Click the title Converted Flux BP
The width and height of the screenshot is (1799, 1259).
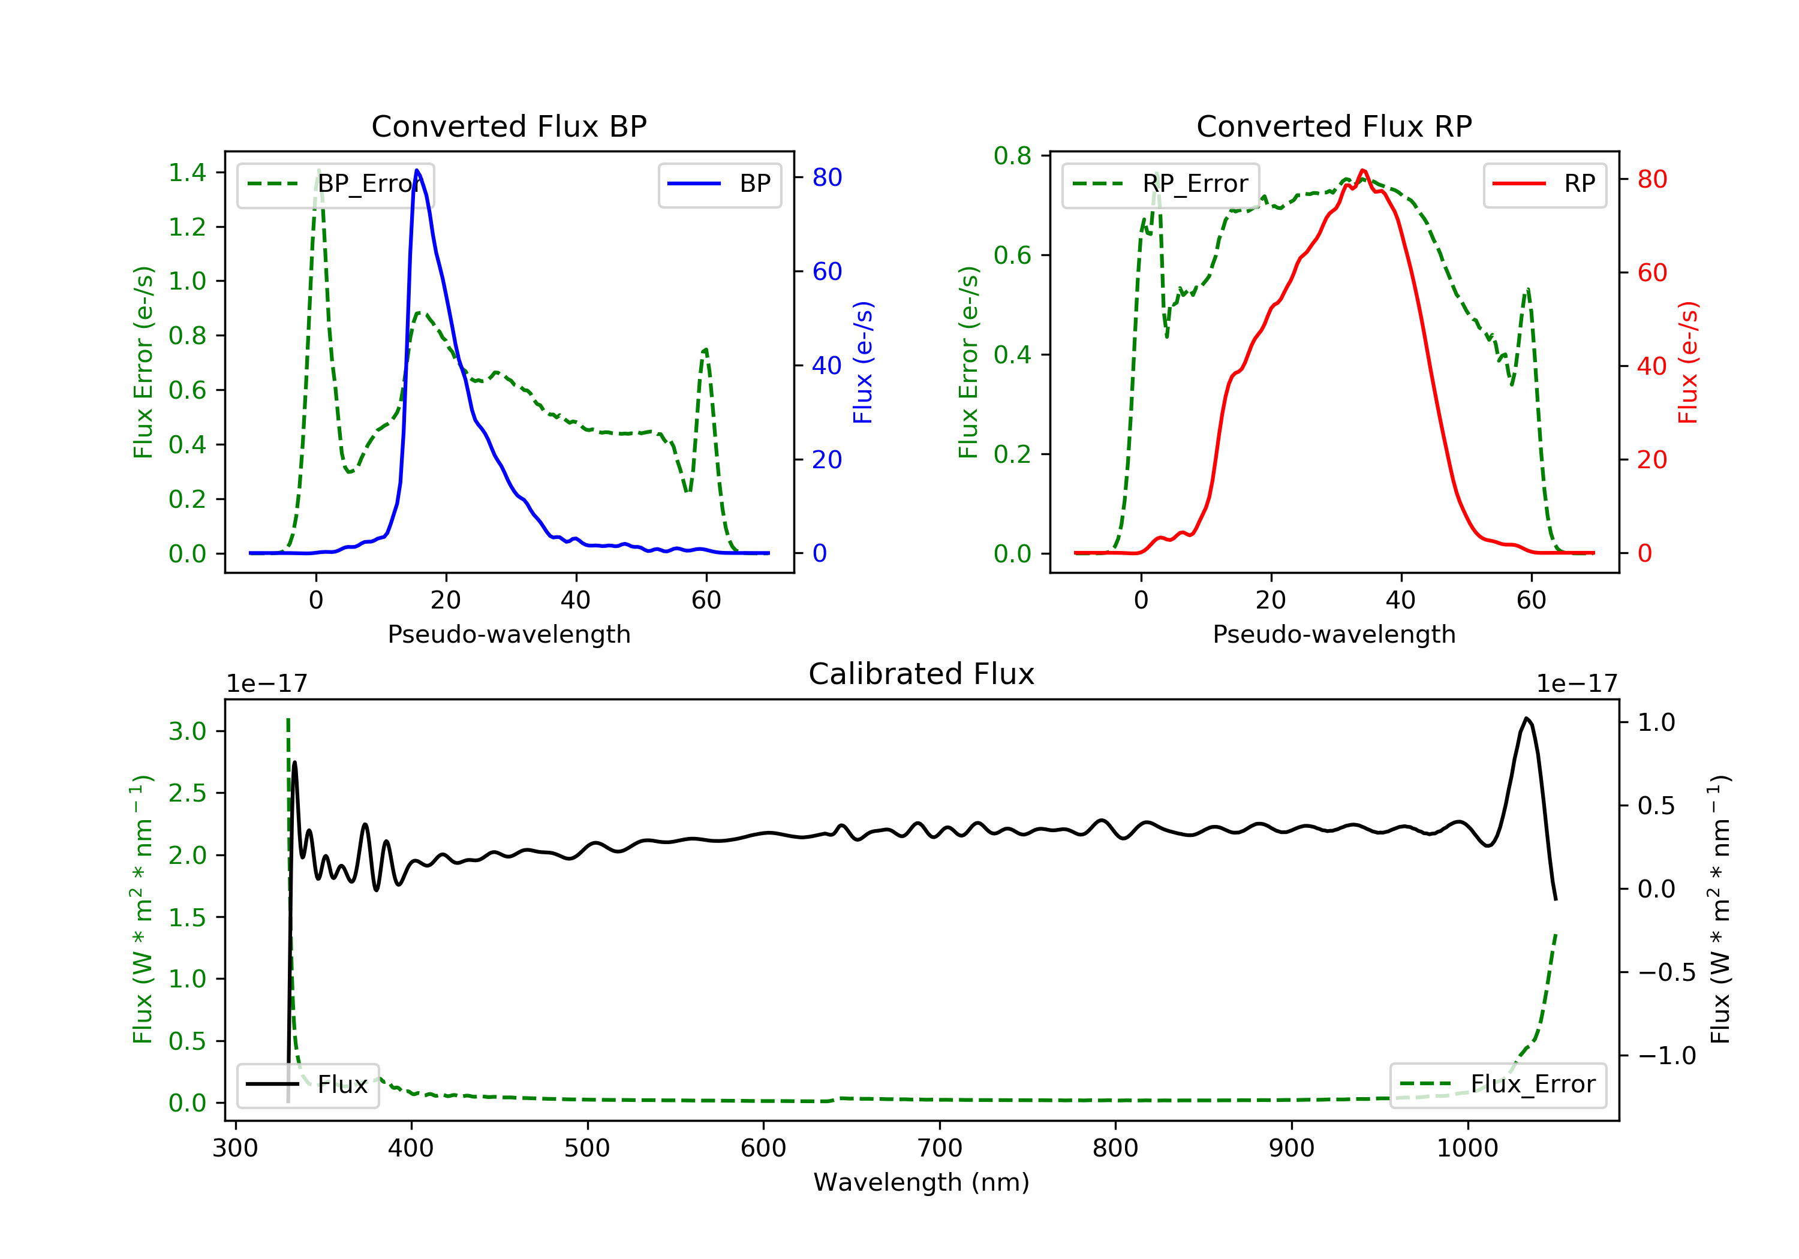(509, 126)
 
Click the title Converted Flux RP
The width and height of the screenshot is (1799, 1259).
(1334, 126)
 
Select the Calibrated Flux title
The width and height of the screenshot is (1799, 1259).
(922, 674)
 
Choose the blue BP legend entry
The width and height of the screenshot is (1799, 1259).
(719, 184)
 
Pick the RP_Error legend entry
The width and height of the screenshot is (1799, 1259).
(1160, 184)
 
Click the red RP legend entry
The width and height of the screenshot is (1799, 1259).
(1544, 184)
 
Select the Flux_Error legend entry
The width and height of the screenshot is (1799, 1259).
(1497, 1085)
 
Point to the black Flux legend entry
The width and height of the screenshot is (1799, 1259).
(307, 1085)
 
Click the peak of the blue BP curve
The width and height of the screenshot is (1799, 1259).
(417, 170)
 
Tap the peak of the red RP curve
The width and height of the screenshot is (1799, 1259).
(1364, 171)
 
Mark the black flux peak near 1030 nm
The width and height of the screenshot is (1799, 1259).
(1526, 718)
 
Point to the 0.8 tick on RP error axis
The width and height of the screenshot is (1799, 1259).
(1012, 156)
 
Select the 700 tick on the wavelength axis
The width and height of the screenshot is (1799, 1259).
(940, 1149)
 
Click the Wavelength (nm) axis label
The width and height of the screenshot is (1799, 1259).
(922, 1182)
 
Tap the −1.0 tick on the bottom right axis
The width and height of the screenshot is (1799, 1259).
(1667, 1056)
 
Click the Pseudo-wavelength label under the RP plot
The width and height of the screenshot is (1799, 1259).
(1334, 634)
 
